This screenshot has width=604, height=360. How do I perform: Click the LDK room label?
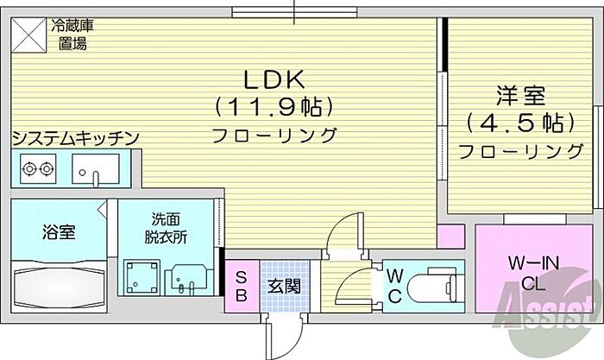point(274,79)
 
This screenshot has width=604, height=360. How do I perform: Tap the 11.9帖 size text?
point(274,107)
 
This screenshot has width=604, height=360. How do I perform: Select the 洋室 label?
point(520,96)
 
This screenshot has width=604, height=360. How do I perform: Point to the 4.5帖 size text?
point(520,123)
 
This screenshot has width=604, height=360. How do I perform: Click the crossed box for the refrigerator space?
point(28,35)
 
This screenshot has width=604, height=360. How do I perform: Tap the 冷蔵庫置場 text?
point(72,35)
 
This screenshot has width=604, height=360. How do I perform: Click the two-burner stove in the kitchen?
point(38,169)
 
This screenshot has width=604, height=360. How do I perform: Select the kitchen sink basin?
point(96,169)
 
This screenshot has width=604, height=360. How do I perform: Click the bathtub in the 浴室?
point(59,286)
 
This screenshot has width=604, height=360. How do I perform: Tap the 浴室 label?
point(59,232)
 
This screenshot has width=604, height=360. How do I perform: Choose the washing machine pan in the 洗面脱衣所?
point(142,277)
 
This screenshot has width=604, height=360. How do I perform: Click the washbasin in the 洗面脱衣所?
point(188,280)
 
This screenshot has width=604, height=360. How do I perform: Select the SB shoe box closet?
point(242,286)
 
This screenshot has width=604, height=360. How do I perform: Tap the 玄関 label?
point(284,286)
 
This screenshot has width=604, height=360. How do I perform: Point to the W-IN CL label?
point(533,274)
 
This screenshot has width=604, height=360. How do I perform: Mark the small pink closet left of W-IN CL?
point(450,236)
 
